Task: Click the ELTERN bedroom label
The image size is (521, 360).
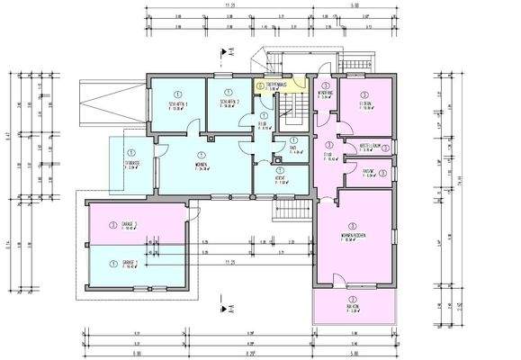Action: coord(364,104)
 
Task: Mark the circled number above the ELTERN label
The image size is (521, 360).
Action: coord(364,94)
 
